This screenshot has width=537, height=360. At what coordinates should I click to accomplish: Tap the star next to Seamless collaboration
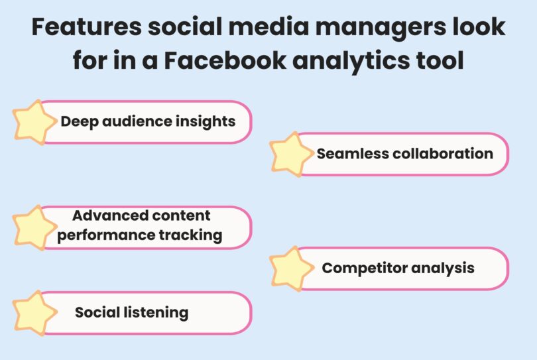tap(292, 154)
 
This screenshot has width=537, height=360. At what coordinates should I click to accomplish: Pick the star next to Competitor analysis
tap(292, 269)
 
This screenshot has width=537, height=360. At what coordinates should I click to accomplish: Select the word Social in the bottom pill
tap(97, 312)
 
